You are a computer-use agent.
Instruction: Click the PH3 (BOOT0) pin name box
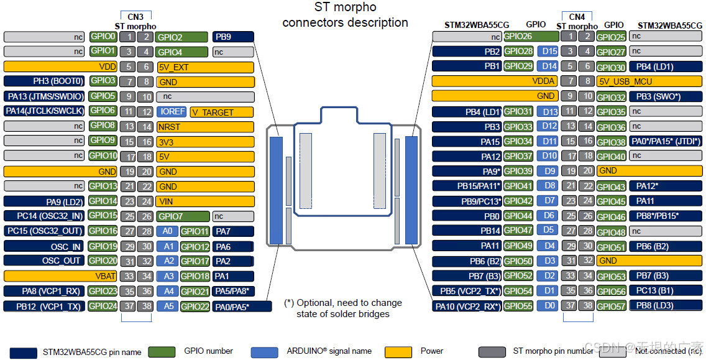[x=44, y=81]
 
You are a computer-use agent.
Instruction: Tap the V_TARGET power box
[x=221, y=112]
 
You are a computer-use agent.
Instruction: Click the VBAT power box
[x=44, y=276]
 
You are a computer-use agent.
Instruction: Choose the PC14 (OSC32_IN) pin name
[x=44, y=216]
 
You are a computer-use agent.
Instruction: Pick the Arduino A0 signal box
[x=167, y=231]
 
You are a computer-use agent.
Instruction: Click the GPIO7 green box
[x=182, y=216]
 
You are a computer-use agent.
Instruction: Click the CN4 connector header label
[x=577, y=17]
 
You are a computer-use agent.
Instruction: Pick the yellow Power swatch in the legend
[x=398, y=351]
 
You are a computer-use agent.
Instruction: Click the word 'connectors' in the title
[x=313, y=23]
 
